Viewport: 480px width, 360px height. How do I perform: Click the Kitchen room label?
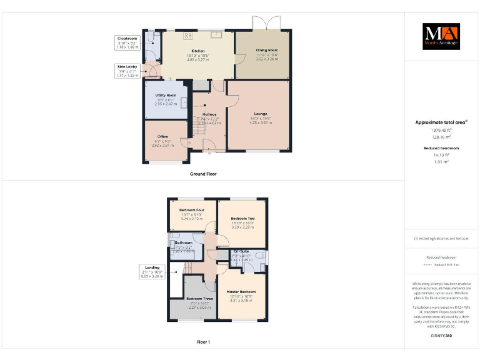198,51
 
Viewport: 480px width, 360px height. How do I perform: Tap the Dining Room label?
267,50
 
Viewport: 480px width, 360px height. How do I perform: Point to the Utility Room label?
166,96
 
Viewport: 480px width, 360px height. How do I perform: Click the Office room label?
162,136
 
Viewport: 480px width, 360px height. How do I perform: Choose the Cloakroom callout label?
127,39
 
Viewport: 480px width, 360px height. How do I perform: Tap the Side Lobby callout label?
127,66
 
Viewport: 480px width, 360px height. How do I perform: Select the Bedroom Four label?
192,210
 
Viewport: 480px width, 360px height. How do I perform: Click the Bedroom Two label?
242,218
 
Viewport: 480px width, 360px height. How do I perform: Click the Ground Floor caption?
203,174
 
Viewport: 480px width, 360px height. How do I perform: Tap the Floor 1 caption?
203,342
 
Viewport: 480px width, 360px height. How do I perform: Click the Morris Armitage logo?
441,37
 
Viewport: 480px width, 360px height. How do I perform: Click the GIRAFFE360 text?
441,336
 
